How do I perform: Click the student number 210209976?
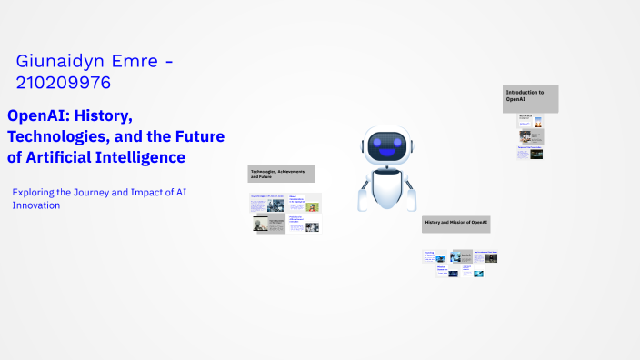click(64, 84)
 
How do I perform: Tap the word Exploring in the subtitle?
click(35, 192)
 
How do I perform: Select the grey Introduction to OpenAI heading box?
click(531, 98)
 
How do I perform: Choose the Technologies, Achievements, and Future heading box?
click(282, 174)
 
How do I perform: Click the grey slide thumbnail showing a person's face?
click(269, 225)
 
